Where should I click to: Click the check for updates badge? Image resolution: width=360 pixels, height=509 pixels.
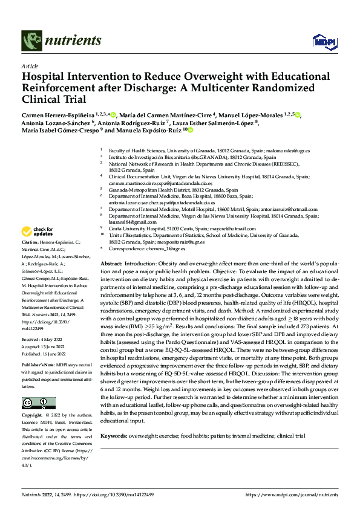point(39,232)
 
